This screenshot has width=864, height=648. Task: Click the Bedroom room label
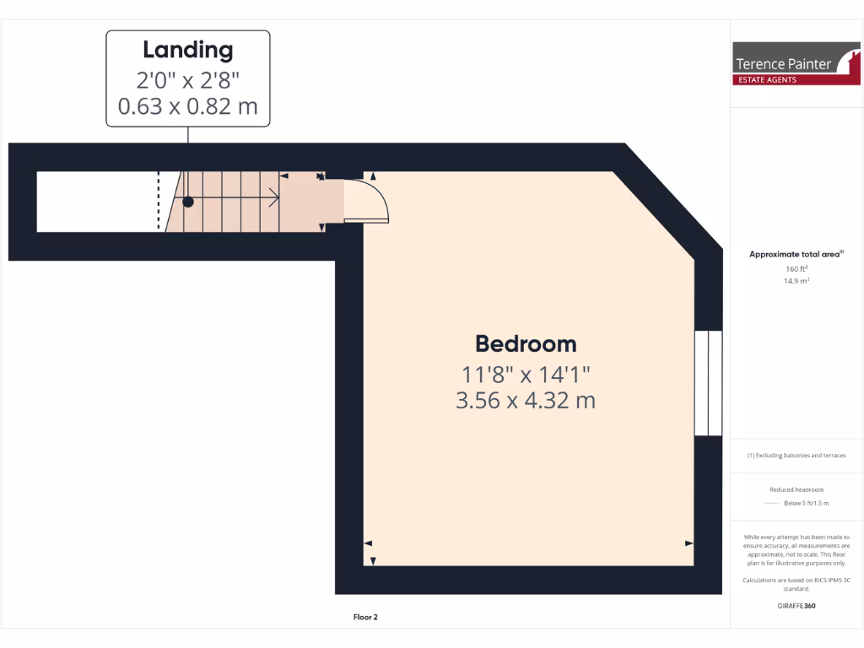526,344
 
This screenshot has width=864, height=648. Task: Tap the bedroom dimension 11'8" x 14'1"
526,373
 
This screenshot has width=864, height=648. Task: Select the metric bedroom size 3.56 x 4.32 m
526,400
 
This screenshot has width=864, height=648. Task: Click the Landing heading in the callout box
187,50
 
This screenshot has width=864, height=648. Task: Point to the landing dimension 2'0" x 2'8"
187,80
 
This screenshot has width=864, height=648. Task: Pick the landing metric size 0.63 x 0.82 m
187,106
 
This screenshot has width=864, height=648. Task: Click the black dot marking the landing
188,202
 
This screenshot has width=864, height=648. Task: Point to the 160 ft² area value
796,269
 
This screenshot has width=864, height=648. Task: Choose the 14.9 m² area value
796,281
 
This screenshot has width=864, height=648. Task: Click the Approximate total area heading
796,254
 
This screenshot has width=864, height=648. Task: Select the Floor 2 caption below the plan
365,618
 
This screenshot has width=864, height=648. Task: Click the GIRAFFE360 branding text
796,606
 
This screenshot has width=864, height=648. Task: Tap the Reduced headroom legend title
796,489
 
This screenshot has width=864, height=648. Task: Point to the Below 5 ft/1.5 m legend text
806,503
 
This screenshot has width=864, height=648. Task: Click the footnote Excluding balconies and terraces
796,456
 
